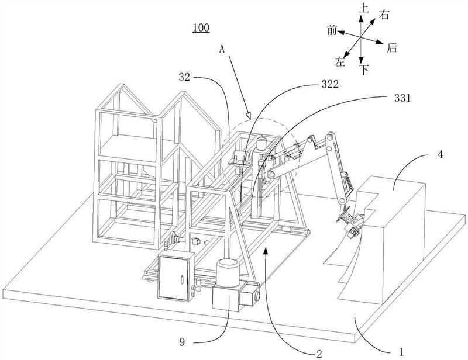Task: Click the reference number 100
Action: (201, 27)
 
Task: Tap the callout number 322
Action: (330, 84)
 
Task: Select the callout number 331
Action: (402, 98)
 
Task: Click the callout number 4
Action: (441, 155)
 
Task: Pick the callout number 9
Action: (182, 342)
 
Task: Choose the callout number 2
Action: (319, 354)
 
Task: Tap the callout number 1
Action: (401, 352)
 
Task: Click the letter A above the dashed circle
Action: (222, 49)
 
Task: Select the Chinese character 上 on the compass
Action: (363, 8)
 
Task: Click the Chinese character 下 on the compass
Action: (364, 70)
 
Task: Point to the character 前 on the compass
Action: (332, 30)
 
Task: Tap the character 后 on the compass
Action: (392, 48)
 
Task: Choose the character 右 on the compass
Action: (384, 15)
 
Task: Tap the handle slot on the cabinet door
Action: (181, 280)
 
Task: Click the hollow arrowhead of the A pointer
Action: (248, 115)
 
